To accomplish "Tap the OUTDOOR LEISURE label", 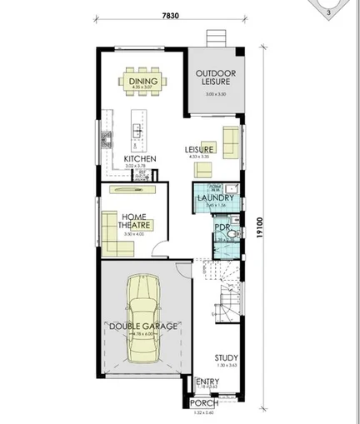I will pos(215,79).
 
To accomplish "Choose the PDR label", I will pos(222,227).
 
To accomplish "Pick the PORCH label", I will pos(205,403).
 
